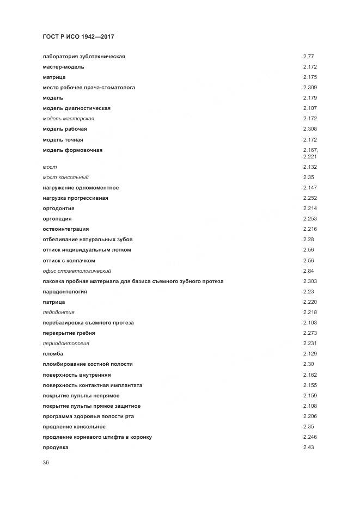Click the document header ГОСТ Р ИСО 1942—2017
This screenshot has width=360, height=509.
point(78,36)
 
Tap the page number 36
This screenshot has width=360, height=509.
point(46,463)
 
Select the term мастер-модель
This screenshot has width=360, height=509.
point(63,67)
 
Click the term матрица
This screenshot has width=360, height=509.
point(54,77)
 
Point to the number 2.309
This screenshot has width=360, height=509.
point(310,88)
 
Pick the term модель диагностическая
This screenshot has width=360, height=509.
point(76,108)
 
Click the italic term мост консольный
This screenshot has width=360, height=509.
point(65,177)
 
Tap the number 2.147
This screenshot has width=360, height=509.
point(310,188)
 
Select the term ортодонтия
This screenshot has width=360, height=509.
point(58,208)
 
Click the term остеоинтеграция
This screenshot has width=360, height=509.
point(65,229)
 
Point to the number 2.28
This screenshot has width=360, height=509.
point(308,240)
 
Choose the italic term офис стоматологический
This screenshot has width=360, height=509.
point(77,271)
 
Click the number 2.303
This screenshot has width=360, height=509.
point(310,281)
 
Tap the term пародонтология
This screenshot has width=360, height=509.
point(65,292)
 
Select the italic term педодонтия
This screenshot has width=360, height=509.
point(58,312)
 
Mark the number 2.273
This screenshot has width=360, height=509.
point(310,333)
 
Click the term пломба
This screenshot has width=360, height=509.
point(53,354)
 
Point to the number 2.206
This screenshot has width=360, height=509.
point(310,416)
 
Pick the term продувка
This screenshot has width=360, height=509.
point(56,447)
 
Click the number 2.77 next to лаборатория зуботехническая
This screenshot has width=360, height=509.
point(308,57)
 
